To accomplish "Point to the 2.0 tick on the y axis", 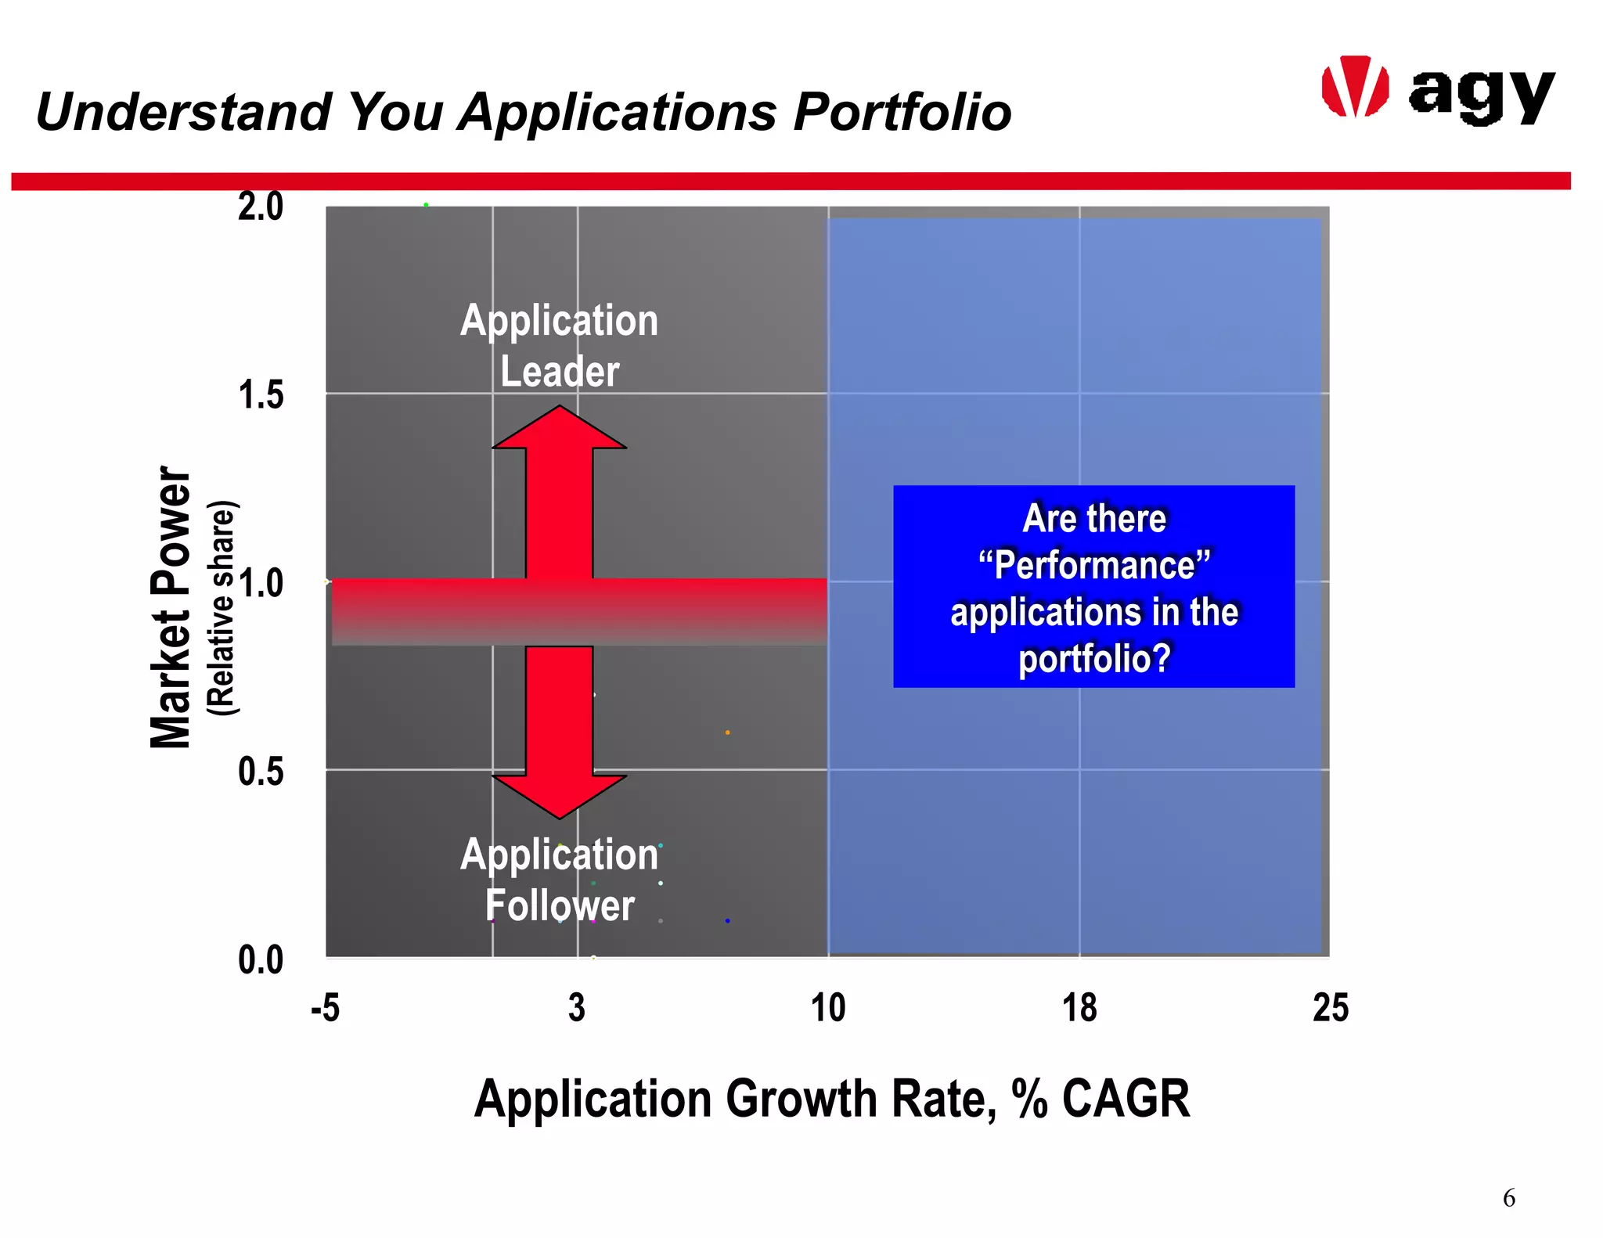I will pos(261,207).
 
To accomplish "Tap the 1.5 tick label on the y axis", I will pos(261,395).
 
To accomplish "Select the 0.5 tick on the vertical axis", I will pos(261,772).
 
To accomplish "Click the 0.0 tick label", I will pos(261,960).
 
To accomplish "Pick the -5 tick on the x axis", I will pos(325,1008).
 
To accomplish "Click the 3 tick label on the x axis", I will pos(577,1008).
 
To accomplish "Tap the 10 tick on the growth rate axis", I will pos(828,1008).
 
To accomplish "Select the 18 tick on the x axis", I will pos(1079,1008).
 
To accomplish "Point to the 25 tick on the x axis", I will pos(1331,1008).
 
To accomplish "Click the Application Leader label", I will pos(559,345).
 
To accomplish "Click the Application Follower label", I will pos(559,880).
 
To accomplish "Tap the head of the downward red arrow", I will pos(559,796).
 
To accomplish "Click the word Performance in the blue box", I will pos(1094,565).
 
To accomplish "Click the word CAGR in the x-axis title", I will pos(1126,1099).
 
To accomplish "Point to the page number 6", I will pos(1508,1198).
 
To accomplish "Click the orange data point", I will pos(727,732).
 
